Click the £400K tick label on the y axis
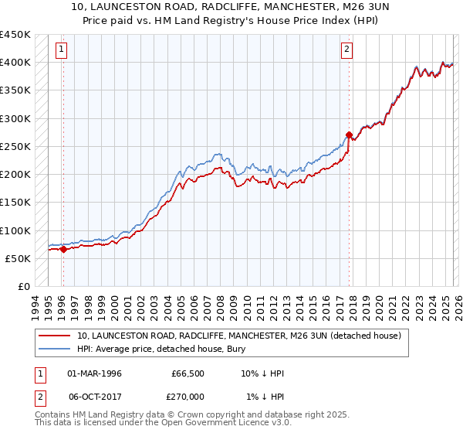pyautogui.click(x=15, y=63)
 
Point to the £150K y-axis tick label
pyautogui.click(x=15, y=203)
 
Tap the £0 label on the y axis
pyautogui.click(x=23, y=287)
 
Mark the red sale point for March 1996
pyautogui.click(x=63, y=249)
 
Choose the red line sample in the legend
pyautogui.click(x=55, y=336)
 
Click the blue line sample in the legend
pyautogui.click(x=55, y=349)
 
